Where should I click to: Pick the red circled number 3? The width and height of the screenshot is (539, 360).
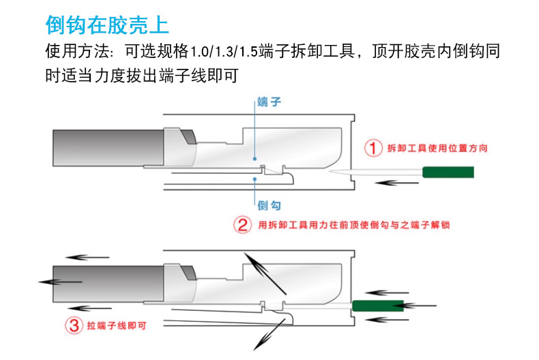(x=73, y=325)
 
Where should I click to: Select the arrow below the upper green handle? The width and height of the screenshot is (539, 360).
(x=398, y=183)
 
